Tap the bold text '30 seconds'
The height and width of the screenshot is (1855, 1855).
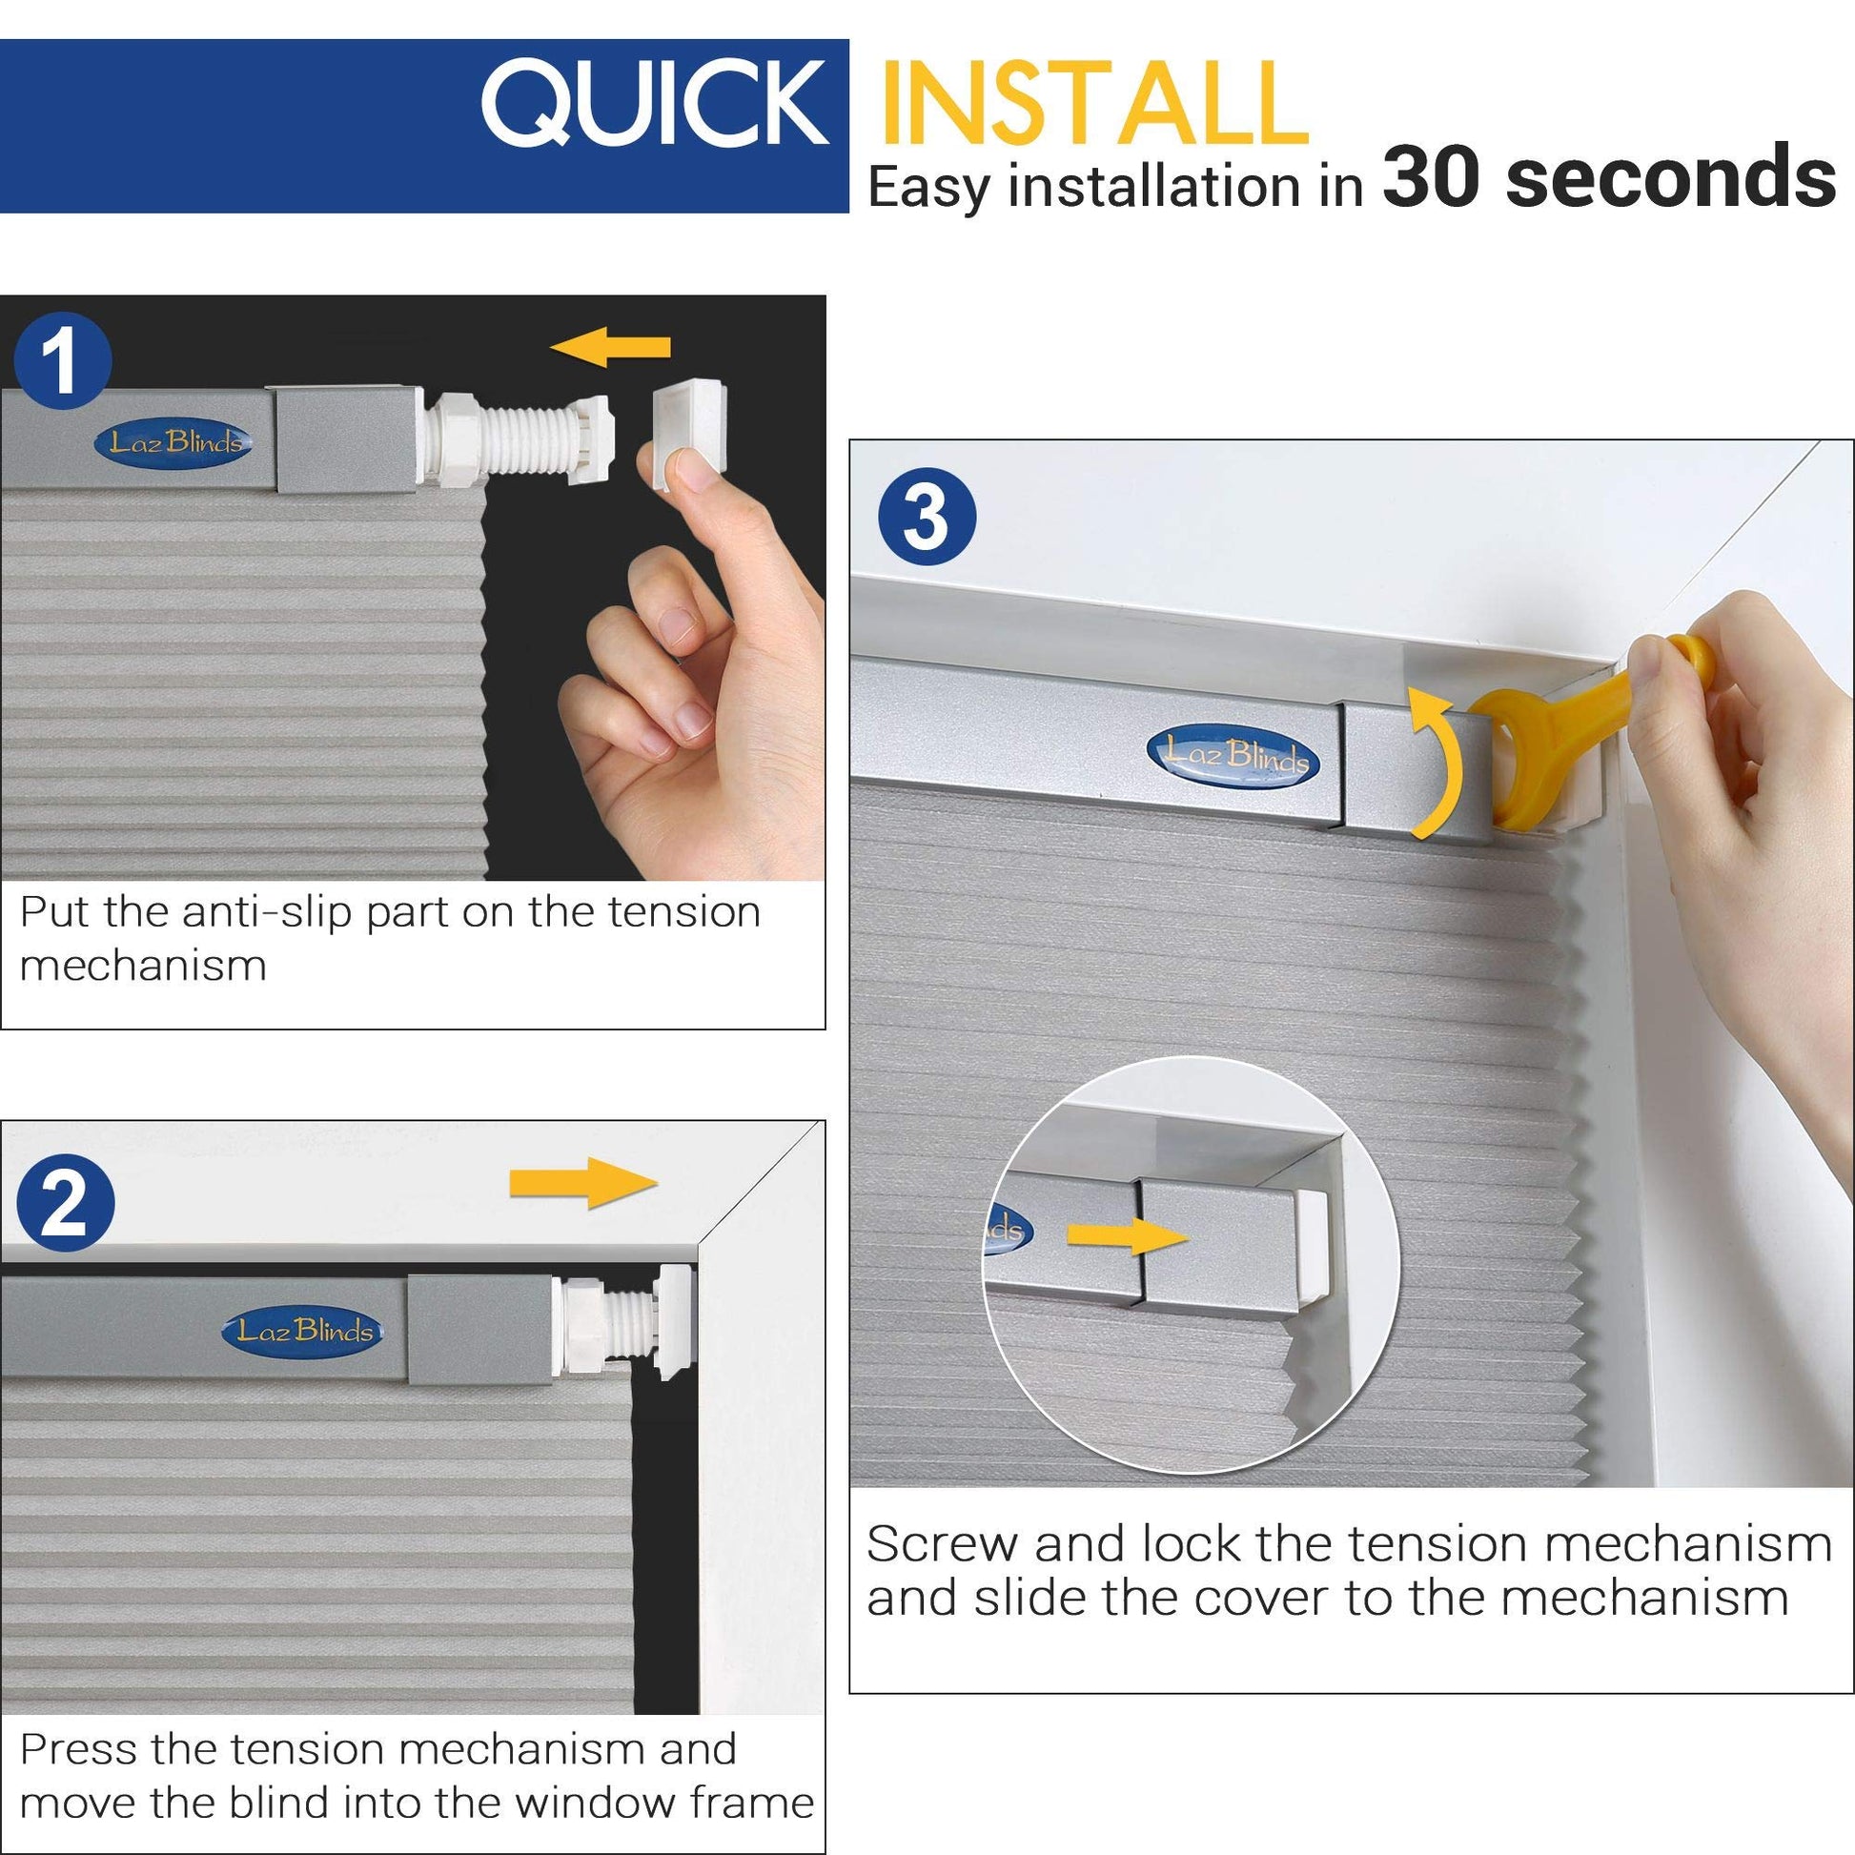coord(1609,178)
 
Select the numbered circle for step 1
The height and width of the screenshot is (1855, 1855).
coord(63,362)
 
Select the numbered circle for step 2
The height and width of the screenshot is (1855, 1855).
coord(64,1204)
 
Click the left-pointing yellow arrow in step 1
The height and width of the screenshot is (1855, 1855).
coord(611,346)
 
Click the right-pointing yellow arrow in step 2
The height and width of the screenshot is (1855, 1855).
coord(583,1183)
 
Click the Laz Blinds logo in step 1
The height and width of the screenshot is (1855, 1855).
coord(173,442)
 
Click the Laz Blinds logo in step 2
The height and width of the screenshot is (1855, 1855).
coord(303,1332)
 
